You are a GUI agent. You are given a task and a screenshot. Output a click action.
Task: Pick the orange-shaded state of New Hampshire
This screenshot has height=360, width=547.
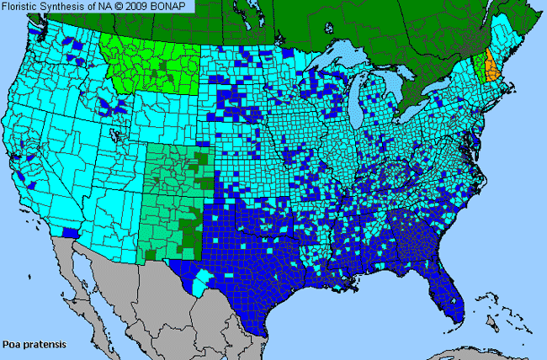pos(491,67)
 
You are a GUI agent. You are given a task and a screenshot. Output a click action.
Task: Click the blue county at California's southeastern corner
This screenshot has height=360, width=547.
pos(71,233)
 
